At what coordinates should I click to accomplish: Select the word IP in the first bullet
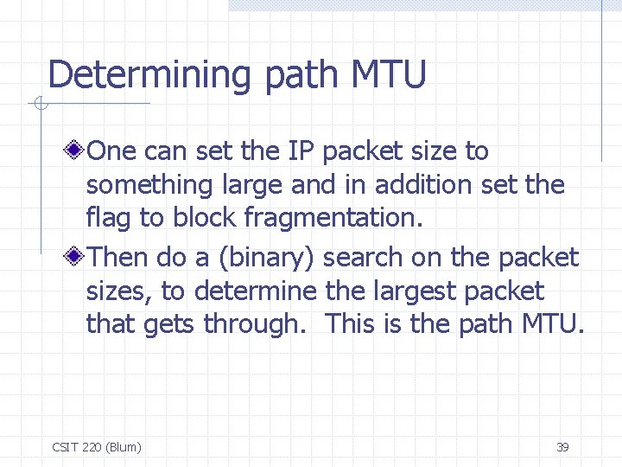point(301,151)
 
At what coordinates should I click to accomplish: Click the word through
point(251,324)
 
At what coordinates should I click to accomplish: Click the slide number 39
point(562,447)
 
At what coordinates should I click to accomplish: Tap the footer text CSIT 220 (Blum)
point(97,447)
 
